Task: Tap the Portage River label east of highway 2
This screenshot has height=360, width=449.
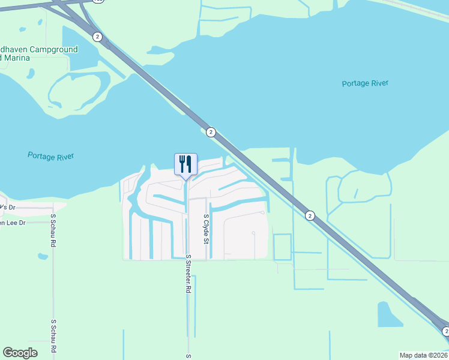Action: (x=366, y=83)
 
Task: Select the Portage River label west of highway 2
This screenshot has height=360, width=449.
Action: (x=51, y=156)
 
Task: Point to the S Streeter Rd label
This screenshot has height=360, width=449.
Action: (x=188, y=274)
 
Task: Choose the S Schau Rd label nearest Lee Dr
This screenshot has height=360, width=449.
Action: (x=53, y=230)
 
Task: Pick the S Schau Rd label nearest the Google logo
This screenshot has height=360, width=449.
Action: (x=53, y=335)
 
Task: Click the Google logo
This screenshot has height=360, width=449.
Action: (x=20, y=353)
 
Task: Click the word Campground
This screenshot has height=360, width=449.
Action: (x=53, y=49)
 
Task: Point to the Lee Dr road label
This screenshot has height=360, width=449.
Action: (x=13, y=223)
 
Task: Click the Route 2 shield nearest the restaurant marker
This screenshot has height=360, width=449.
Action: (x=211, y=132)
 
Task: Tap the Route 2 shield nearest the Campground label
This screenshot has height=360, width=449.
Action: (x=98, y=37)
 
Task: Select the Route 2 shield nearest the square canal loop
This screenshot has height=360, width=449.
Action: (x=310, y=215)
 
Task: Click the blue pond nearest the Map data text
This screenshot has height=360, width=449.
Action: (x=390, y=314)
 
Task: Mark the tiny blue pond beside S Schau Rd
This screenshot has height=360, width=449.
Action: (x=42, y=257)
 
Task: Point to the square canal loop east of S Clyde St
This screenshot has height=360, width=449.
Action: (x=282, y=247)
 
